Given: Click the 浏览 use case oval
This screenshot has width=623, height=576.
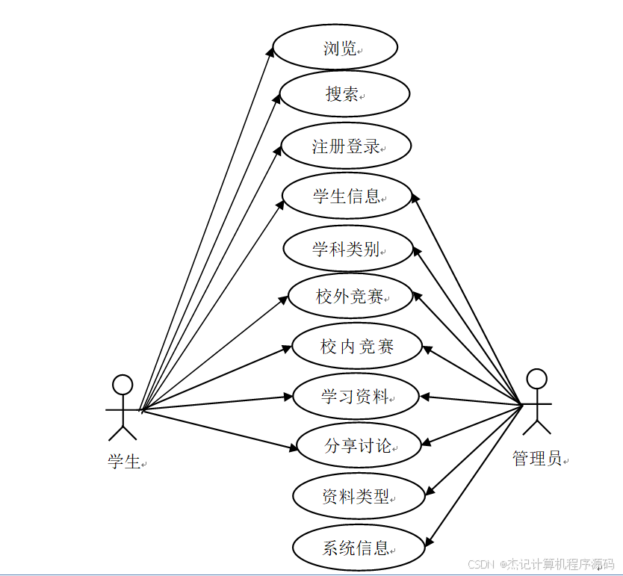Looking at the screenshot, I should (x=335, y=49).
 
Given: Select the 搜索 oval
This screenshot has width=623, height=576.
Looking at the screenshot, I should (x=344, y=94).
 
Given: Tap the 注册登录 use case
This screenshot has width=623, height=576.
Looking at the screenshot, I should (x=346, y=146).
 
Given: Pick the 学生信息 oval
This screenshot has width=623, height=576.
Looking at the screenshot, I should (x=347, y=196).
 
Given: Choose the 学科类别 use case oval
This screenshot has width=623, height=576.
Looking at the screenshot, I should (x=348, y=248).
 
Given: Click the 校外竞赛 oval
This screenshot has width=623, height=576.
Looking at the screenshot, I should (x=350, y=297).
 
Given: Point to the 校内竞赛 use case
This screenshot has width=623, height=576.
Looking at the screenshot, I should (x=357, y=346).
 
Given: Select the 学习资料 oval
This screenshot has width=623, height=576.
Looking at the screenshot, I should (x=356, y=396).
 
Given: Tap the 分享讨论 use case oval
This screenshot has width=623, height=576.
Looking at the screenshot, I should (x=359, y=446).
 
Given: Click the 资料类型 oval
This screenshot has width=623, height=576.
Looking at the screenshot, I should (x=359, y=496).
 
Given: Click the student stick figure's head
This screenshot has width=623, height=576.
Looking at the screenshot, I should (x=123, y=385).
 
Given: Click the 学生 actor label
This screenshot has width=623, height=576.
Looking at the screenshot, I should (x=124, y=462).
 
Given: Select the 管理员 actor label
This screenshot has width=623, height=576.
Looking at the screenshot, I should (x=537, y=458).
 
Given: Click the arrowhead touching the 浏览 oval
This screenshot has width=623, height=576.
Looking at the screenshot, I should (x=272, y=49).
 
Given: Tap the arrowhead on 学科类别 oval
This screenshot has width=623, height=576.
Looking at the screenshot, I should (x=418, y=253).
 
